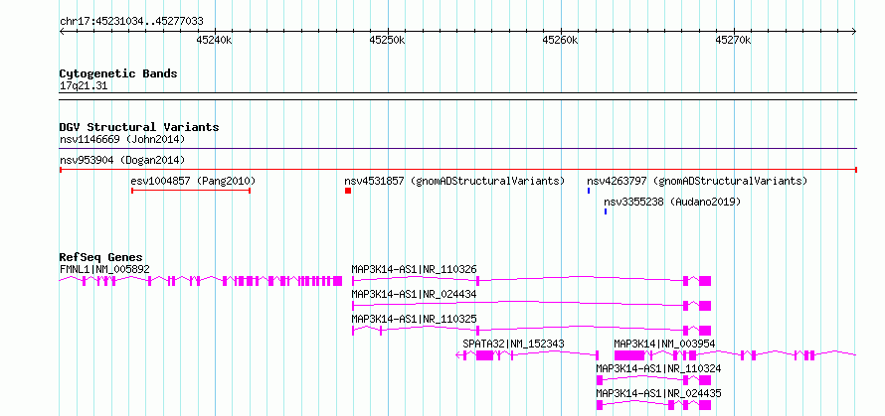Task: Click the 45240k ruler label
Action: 214,40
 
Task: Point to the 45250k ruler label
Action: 387,40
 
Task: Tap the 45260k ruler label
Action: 561,40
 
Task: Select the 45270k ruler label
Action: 733,40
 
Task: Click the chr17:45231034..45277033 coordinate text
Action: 131,22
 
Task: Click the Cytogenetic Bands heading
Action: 118,73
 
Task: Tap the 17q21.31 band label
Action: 84,86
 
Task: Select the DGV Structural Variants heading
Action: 139,127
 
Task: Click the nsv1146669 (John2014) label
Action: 122,139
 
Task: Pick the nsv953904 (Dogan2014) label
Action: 122,160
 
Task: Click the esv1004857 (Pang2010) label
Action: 193,181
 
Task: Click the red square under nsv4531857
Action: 348,191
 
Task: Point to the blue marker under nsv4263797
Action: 589,191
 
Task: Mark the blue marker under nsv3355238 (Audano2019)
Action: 606,211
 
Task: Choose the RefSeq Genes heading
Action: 101,257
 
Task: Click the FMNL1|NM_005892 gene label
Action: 104,269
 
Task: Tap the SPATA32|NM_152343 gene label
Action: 513,344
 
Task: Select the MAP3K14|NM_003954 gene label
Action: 665,344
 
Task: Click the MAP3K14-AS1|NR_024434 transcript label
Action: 414,294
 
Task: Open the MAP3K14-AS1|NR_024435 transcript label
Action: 658,393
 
